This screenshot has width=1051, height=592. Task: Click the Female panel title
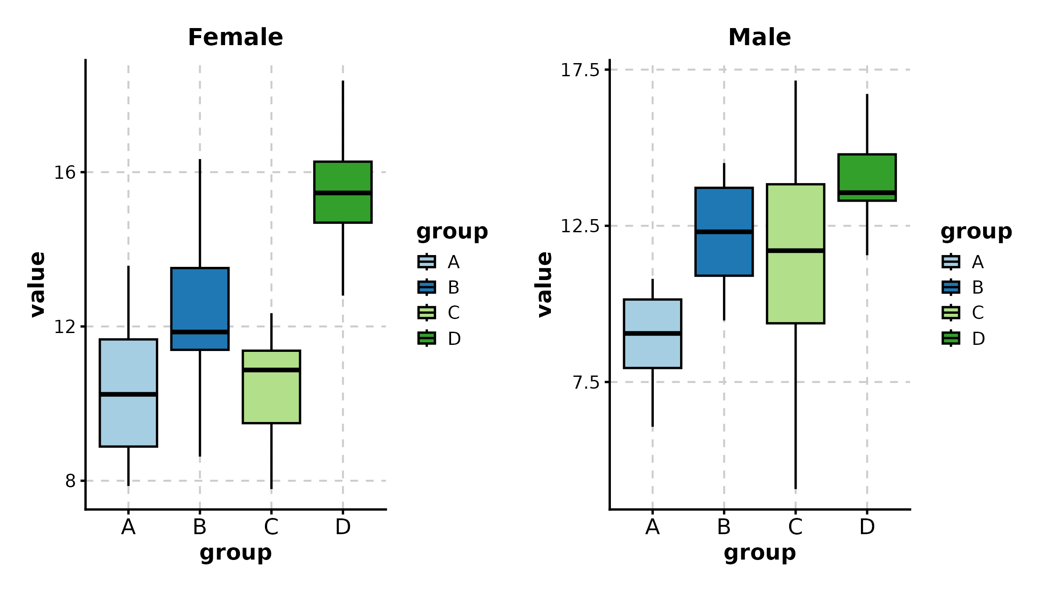pos(235,37)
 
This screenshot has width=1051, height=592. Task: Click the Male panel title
pos(759,37)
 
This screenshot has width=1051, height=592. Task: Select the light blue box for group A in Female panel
pos(128,421)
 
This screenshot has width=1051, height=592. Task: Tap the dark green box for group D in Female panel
pos(343,208)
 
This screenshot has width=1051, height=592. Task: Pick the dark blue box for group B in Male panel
pos(724,254)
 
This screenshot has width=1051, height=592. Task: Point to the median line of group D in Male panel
pos(867,193)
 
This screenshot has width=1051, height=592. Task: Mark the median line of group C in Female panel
pos(272,370)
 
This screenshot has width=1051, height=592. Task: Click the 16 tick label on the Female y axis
pos(64,173)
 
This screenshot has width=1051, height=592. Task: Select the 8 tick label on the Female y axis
pos(70,481)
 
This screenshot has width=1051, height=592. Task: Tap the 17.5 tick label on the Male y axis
pos(579,70)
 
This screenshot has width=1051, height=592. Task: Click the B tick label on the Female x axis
pos(200,527)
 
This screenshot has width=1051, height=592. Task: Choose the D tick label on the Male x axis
pos(867,527)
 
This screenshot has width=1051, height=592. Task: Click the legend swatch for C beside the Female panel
pos(427,312)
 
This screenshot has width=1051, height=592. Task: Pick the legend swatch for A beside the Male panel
pos(951,262)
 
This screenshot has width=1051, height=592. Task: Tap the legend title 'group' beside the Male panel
pos(976,232)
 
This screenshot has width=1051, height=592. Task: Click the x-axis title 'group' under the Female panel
pos(236,553)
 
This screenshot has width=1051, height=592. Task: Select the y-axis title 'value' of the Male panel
pos(544,284)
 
